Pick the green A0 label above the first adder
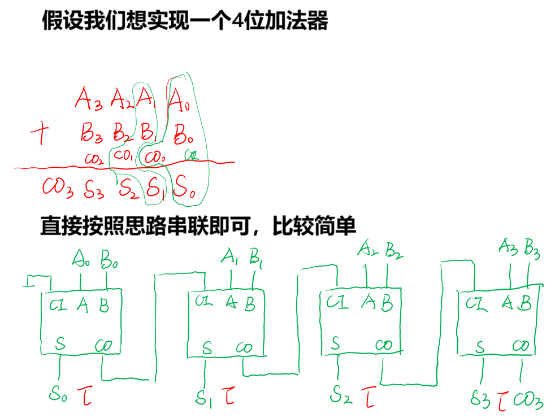click(81, 260)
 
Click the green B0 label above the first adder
click(109, 260)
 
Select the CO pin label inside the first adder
click(104, 344)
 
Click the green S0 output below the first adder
click(58, 393)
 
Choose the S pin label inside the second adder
click(207, 348)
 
